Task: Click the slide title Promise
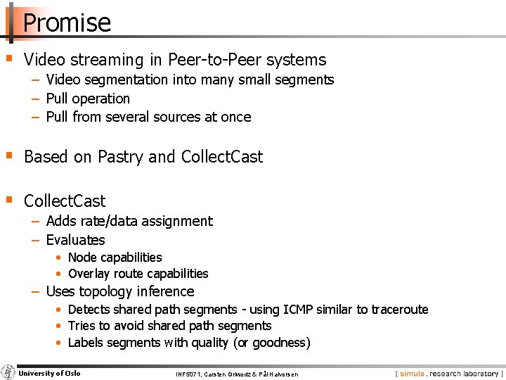coord(67,23)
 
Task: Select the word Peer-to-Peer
coord(199,60)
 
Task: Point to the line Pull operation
coord(88,99)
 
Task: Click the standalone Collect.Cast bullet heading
coord(65,201)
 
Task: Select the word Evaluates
coord(75,240)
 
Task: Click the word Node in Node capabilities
coord(82,258)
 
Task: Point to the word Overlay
coord(88,274)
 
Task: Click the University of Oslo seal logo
coord(8,372)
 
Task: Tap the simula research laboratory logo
coord(448,373)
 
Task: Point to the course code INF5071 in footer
coord(188,374)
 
